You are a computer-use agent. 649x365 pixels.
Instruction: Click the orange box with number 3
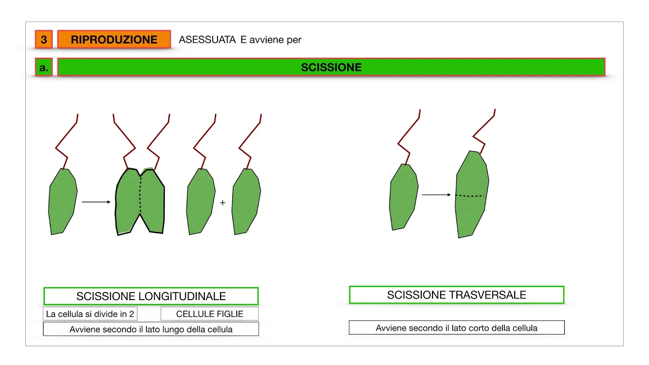pyautogui.click(x=44, y=40)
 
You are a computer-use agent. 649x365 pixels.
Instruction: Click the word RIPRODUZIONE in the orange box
pyautogui.click(x=114, y=40)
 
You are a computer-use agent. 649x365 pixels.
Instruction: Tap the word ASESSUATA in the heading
pyautogui.click(x=207, y=40)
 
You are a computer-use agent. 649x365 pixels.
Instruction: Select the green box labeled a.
pyautogui.click(x=44, y=67)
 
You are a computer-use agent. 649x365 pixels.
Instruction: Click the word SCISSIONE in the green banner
pyautogui.click(x=331, y=67)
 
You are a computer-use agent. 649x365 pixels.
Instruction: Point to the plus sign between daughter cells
pyautogui.click(x=223, y=203)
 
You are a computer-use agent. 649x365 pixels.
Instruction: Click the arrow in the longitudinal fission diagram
pyautogui.click(x=96, y=202)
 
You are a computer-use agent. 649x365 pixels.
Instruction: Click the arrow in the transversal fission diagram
pyautogui.click(x=437, y=195)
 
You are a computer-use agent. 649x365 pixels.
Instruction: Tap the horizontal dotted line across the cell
pyautogui.click(x=470, y=196)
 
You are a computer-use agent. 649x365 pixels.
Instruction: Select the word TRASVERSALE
pyautogui.click(x=488, y=295)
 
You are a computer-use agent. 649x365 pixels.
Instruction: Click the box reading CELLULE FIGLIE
pyautogui.click(x=209, y=314)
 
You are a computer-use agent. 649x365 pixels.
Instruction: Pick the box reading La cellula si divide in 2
pyautogui.click(x=90, y=314)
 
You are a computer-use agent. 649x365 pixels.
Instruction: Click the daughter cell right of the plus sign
pyautogui.click(x=246, y=201)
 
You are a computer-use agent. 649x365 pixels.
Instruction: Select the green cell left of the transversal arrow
pyautogui.click(x=404, y=197)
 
